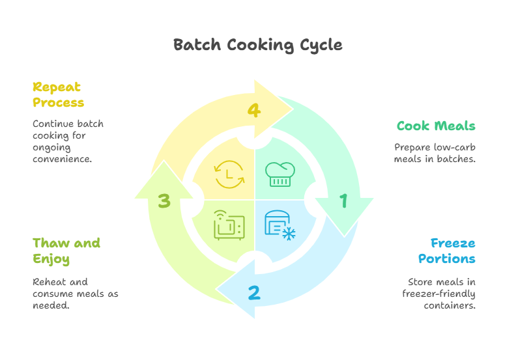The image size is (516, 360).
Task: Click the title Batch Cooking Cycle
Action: (x=257, y=45)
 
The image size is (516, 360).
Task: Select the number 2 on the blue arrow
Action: (x=254, y=293)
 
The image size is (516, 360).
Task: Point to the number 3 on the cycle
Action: (x=164, y=201)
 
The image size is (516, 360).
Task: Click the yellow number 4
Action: (x=254, y=111)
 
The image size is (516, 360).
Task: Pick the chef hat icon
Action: (x=280, y=174)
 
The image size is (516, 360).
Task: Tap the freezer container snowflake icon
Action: (x=280, y=225)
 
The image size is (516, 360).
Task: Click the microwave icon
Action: (x=229, y=225)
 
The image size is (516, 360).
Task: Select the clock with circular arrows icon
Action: (x=229, y=174)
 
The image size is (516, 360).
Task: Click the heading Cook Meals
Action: (x=436, y=126)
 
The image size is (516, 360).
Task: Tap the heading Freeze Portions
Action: (x=447, y=251)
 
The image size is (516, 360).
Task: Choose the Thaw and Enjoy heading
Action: (x=66, y=251)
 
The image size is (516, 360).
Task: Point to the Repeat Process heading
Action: (x=58, y=94)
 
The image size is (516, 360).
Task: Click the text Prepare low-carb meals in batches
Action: (x=435, y=153)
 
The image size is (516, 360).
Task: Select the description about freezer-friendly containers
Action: (x=438, y=294)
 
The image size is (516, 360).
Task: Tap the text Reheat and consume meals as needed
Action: (x=75, y=294)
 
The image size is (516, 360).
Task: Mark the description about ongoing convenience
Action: (x=68, y=141)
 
